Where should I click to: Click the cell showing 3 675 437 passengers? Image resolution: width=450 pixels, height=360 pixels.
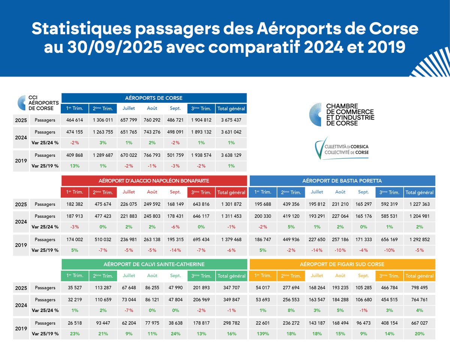pos(231,120)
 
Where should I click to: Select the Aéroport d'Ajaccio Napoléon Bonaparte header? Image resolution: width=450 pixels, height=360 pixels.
pos(154,181)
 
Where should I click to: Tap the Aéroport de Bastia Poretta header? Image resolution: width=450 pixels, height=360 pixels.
pos(342,181)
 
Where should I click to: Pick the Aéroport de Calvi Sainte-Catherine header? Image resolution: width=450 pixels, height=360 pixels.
pos(154,264)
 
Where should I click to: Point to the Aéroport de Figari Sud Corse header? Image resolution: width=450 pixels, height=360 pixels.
pos(342,264)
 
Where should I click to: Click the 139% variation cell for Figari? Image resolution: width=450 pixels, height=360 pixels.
pos(262,334)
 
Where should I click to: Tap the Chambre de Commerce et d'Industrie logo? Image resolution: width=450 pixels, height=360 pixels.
pos(341,115)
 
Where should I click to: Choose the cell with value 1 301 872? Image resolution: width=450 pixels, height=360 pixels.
pos(231,204)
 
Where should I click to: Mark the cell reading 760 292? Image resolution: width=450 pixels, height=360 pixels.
pos(152,120)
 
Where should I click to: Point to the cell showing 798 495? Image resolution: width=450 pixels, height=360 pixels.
pos(420,288)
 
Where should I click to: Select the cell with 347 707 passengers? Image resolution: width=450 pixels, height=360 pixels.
pos(231,288)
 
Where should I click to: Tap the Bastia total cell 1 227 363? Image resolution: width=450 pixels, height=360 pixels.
pos(420,204)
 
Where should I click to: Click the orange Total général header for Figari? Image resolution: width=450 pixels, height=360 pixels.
pos(420,276)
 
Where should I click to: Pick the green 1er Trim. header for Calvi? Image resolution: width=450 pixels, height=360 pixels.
pos(75,276)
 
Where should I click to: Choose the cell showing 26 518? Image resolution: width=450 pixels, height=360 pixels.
pos(75,323)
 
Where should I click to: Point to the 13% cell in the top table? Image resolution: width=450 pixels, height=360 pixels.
pos(75,166)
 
